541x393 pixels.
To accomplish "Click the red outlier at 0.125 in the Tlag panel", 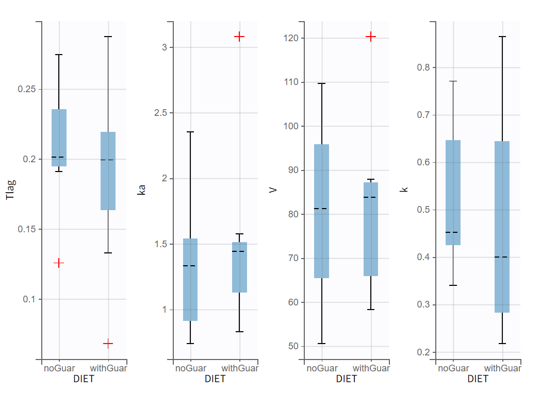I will point(59,263).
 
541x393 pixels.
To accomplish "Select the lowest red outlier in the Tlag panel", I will point(108,343).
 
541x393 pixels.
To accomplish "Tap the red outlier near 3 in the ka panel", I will point(239,37).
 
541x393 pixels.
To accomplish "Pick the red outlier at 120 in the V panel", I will point(371,37).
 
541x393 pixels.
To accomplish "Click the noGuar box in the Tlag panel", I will point(59,138).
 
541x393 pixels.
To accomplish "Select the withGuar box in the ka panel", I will point(239,267).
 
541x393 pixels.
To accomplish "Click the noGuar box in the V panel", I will point(322,211).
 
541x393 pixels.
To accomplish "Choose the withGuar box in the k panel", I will point(502,227).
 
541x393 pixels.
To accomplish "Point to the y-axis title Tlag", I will point(11,189).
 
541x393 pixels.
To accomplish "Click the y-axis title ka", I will point(142,190).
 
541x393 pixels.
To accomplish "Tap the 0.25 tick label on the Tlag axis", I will point(26,89).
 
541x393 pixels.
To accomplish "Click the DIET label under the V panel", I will point(346,379).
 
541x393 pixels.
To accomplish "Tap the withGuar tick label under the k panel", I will point(502,368).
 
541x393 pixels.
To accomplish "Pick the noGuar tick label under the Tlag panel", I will point(59,368).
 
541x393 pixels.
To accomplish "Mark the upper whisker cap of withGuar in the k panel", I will point(502,37).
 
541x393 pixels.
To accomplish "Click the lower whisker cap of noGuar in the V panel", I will point(322,344).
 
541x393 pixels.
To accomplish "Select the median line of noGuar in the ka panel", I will point(190,266).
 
